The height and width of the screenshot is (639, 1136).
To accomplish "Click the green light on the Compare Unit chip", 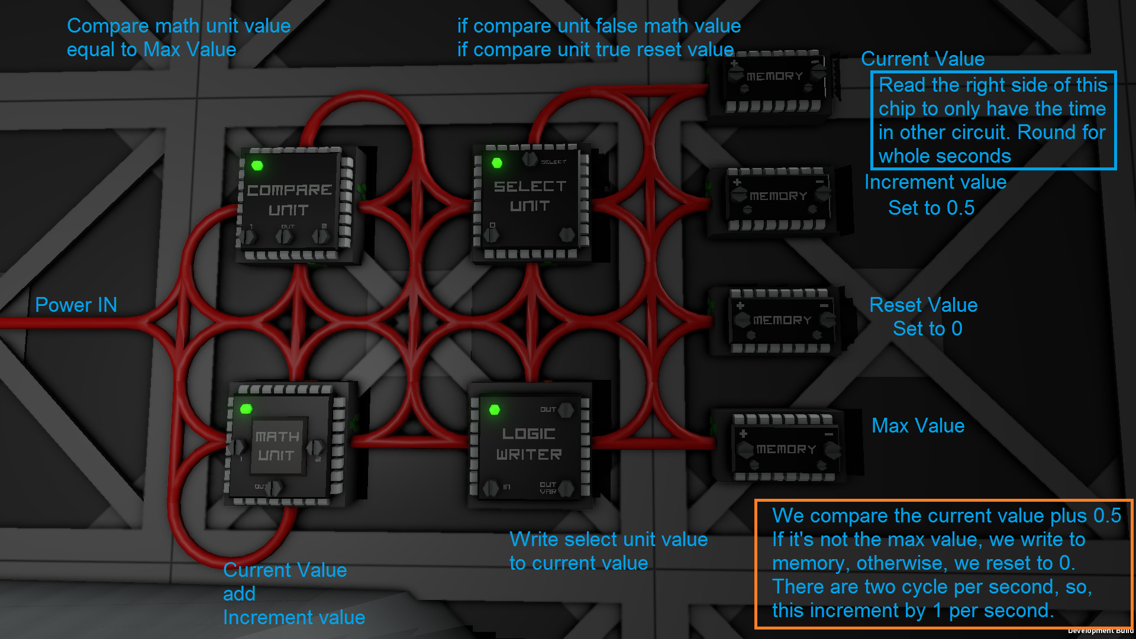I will point(257,166).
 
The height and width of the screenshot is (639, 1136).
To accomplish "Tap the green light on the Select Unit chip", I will point(497,163).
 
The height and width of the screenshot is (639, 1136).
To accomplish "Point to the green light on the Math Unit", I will point(246,409).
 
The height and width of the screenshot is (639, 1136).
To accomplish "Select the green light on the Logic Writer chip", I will point(495,409).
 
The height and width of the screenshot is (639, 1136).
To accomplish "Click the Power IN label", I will point(76,305).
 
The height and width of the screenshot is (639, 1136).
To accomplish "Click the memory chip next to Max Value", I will point(786,448).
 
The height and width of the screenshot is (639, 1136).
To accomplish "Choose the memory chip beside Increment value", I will point(779,198).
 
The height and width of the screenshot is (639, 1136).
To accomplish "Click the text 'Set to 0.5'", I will point(931,208).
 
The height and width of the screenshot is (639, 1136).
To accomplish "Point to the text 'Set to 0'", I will point(927,328).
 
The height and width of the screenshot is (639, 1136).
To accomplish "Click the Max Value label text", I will point(918,425).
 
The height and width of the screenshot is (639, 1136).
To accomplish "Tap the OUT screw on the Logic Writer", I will point(566,409).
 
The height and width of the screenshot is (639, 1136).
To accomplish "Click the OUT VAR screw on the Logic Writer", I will point(566,489).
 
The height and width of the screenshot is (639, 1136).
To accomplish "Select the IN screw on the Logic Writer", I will point(490,488).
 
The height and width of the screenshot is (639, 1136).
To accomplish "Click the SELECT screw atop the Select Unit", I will point(530,159).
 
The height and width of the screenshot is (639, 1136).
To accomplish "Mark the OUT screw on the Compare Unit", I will point(285,237).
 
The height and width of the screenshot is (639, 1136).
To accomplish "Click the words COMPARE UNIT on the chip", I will point(289,199).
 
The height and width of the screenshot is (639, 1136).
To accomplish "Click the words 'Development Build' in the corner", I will point(1100,631).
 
